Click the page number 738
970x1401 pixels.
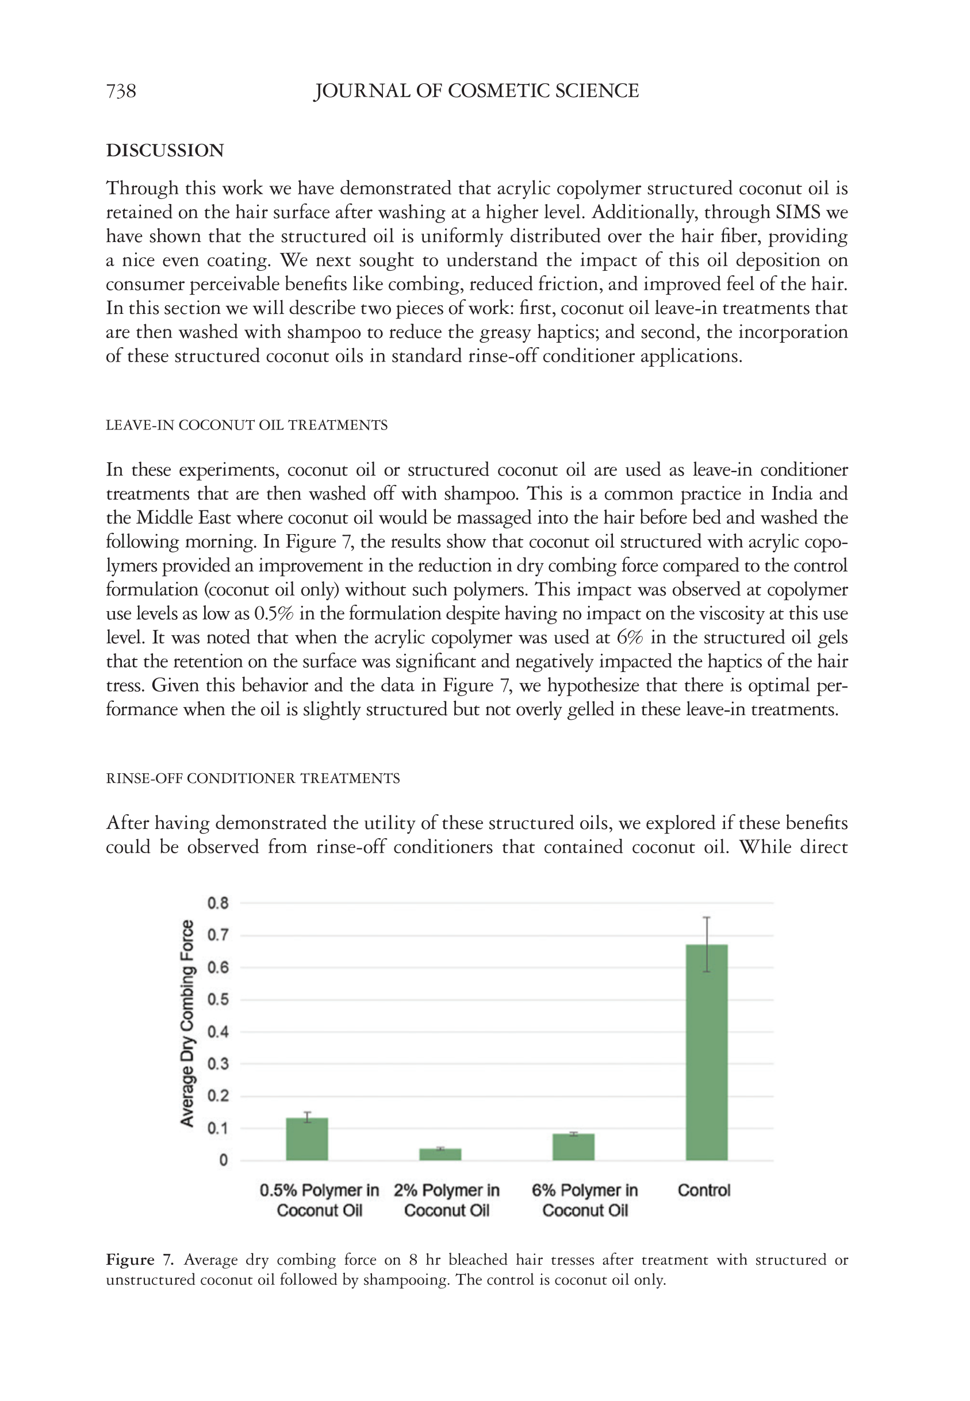121,91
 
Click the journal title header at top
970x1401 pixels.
476,91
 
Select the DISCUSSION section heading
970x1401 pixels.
164,151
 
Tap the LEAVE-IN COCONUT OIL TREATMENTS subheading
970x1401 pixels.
246,425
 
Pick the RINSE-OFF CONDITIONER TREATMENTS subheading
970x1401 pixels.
253,779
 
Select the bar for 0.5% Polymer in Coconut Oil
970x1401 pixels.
307,1139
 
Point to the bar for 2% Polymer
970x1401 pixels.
440,1154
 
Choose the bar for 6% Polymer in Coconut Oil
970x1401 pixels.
573,1147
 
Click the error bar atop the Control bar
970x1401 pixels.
706,945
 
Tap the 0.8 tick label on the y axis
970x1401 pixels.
217,903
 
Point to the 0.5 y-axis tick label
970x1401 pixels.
217,1000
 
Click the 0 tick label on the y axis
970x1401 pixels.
223,1161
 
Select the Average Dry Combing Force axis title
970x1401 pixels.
187,1024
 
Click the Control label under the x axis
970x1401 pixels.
704,1190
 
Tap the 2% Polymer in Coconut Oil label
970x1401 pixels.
447,1200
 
